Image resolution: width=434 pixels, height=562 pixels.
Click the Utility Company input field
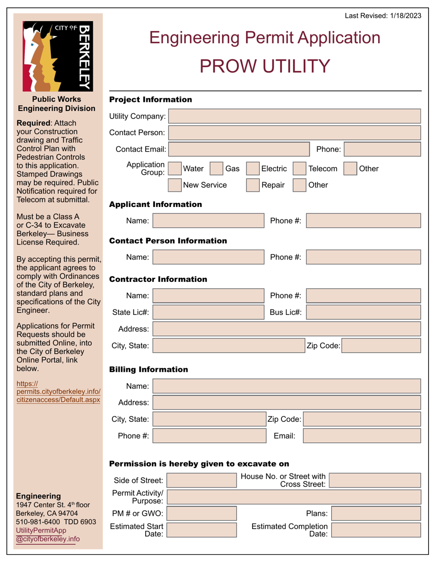pyautogui.click(x=294, y=116)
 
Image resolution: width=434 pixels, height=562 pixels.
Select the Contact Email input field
pyautogui.click(x=239, y=149)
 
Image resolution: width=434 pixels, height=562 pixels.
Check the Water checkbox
pyautogui.click(x=175, y=169)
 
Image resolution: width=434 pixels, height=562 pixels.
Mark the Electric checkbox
pyautogui.click(x=253, y=169)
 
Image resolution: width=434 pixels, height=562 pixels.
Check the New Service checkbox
pyautogui.click(x=175, y=185)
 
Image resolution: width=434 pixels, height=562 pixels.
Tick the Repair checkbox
pyautogui.click(x=253, y=185)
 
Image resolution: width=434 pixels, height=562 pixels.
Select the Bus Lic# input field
pyautogui.click(x=363, y=312)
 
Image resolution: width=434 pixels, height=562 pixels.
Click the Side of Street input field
pyautogui.click(x=202, y=480)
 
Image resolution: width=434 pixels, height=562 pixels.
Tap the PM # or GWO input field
pyautogui.click(x=202, y=514)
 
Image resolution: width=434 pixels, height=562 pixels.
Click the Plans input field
pyautogui.click(x=375, y=514)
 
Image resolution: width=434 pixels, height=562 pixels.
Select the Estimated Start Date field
pyautogui.click(x=202, y=530)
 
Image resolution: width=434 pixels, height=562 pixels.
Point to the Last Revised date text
pyautogui.click(x=383, y=16)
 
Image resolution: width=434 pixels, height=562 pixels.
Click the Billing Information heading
pyautogui.click(x=148, y=369)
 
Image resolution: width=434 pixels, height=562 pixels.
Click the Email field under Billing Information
pyautogui.click(x=362, y=435)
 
